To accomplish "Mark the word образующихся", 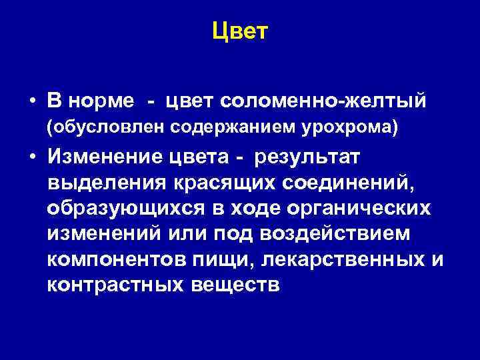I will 127,207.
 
